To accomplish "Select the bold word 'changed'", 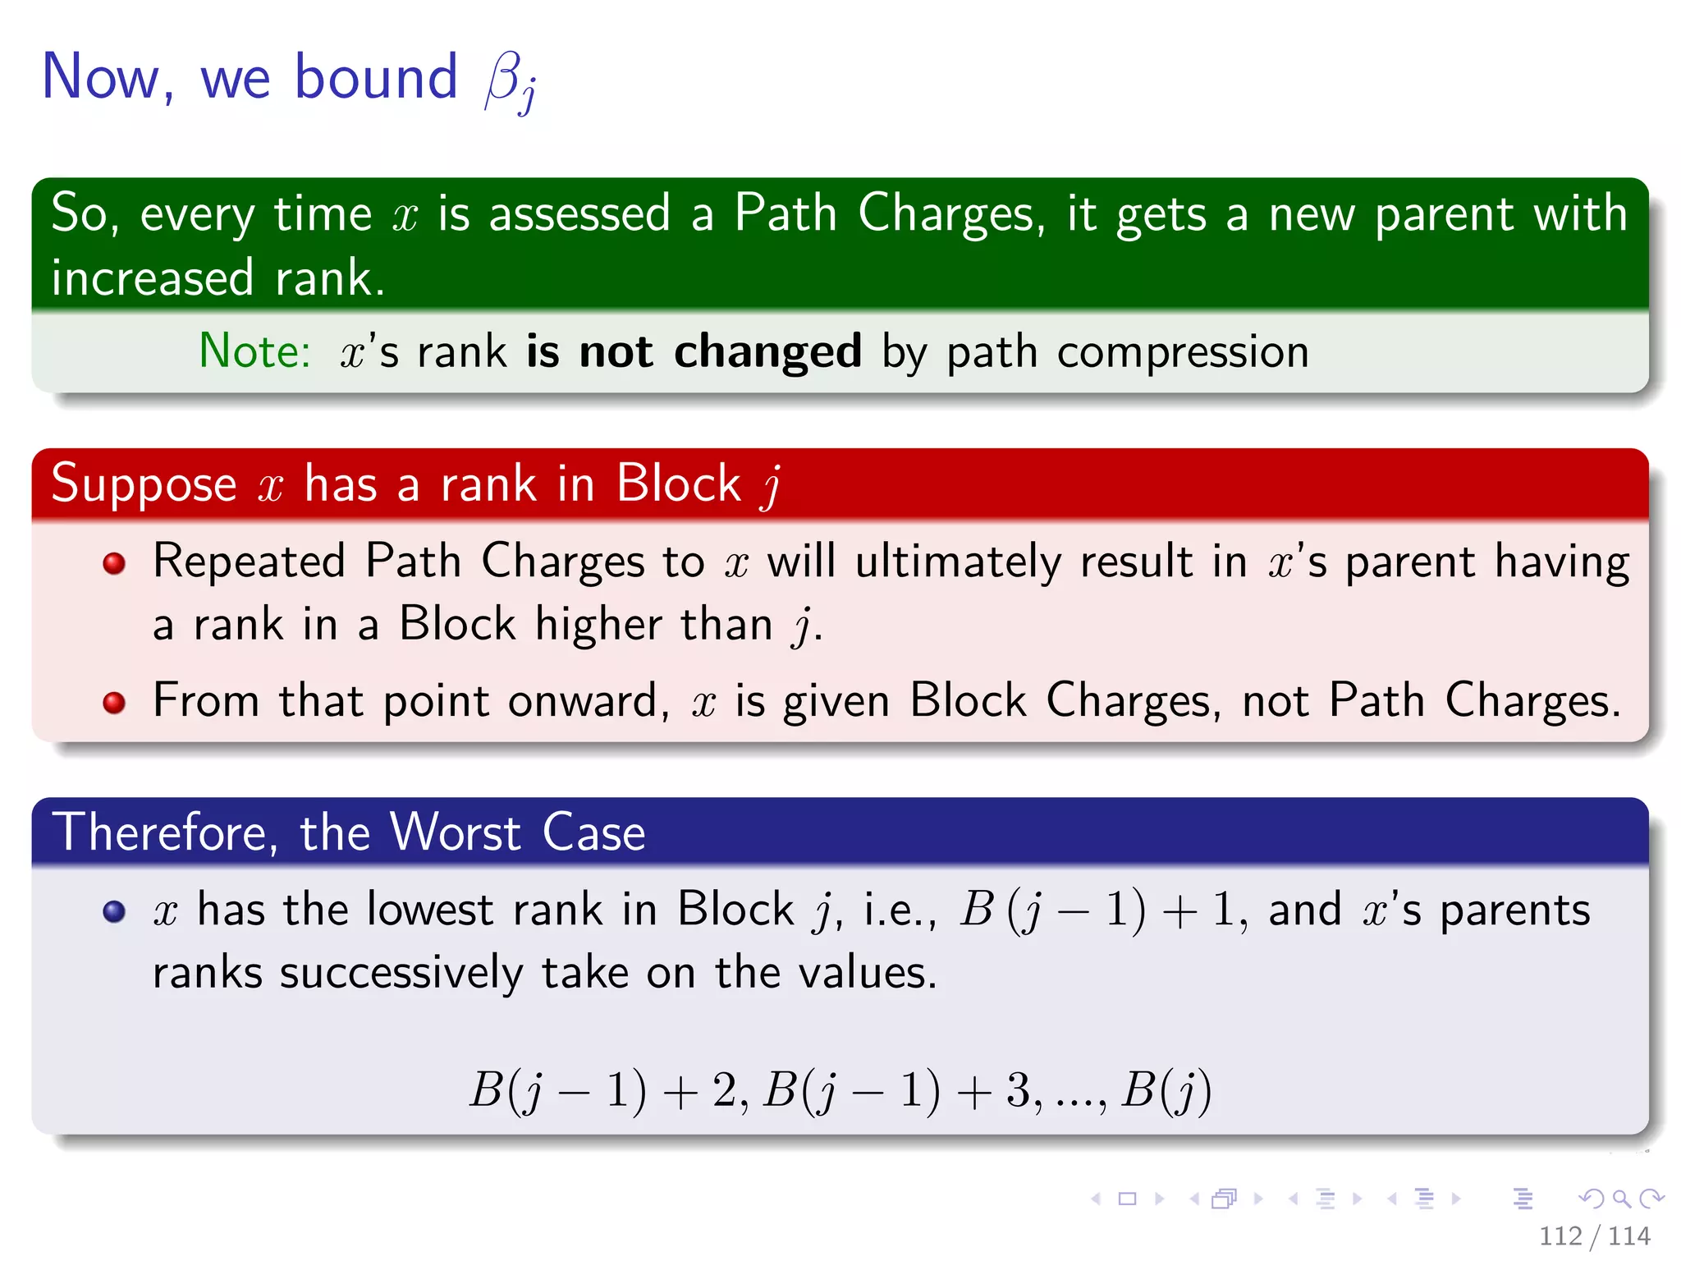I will tap(767, 351).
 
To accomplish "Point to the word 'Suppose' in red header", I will tap(144, 484).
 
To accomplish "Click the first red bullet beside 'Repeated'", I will tap(114, 563).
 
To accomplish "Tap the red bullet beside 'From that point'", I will tap(114, 703).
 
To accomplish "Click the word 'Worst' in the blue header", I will tap(456, 832).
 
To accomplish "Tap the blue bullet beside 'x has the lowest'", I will tap(114, 912).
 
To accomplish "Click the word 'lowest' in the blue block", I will tap(430, 910).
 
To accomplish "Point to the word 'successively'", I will tap(401, 974).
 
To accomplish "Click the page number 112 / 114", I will tap(1593, 1236).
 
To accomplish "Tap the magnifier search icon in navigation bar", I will tap(1621, 1199).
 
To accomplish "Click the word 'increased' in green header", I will tap(153, 277).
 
